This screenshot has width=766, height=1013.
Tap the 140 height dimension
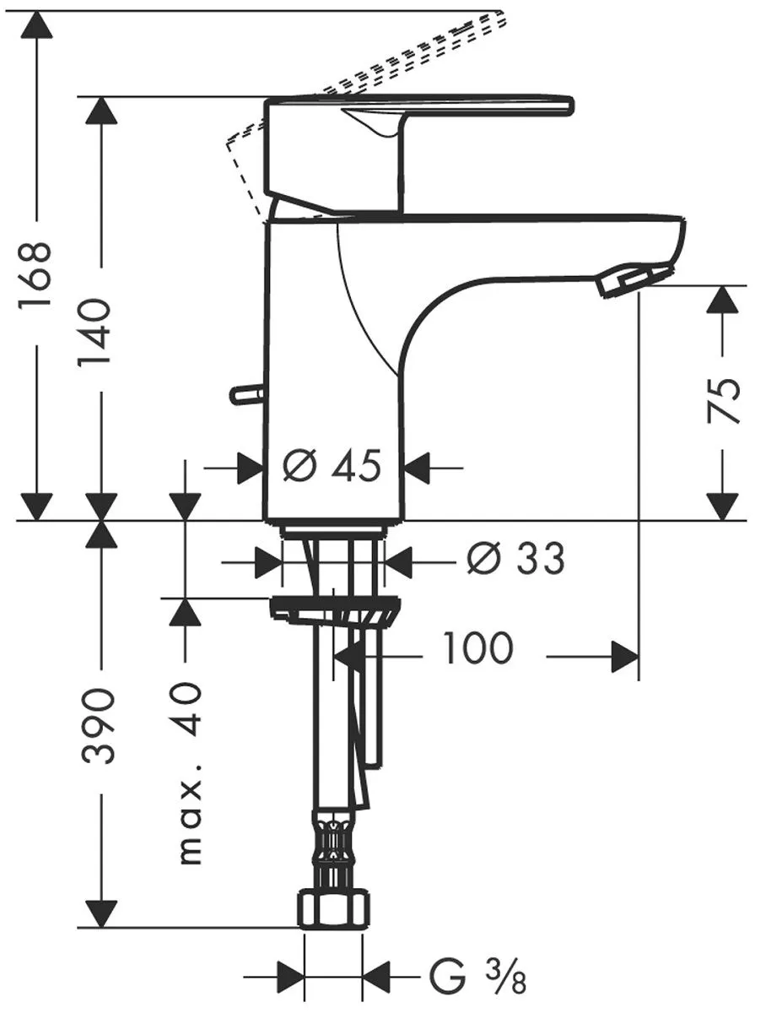(x=95, y=331)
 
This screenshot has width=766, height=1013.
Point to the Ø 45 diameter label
(x=332, y=466)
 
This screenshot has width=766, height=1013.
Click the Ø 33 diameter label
(x=515, y=558)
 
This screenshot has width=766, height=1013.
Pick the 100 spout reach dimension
(x=477, y=647)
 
